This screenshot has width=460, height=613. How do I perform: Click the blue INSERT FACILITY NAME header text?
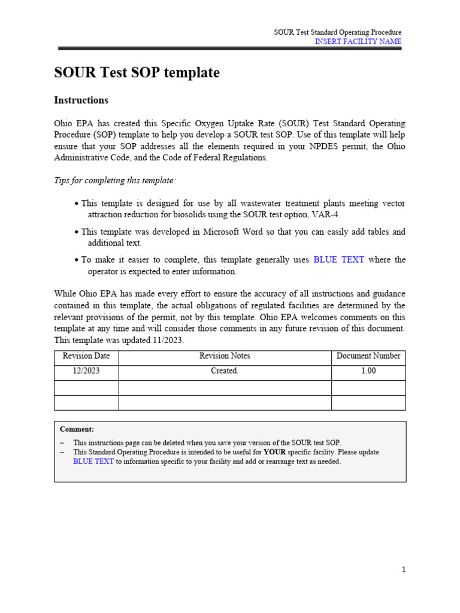pos(358,41)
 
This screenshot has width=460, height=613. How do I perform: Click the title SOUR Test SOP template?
pos(137,73)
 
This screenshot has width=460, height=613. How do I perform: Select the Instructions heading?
pos(81,100)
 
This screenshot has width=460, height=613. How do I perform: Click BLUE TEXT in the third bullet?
pos(338,260)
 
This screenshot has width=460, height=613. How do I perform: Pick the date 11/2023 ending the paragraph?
pos(167,340)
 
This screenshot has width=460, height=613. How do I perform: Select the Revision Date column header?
pos(86,356)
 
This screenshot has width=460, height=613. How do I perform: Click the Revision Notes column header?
pos(225,356)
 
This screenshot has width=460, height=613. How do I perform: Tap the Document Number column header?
pos(368,356)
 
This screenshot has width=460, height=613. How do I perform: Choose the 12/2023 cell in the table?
pos(86,371)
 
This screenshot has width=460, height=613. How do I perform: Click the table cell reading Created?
pos(225,371)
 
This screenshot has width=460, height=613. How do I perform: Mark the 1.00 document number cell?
pos(368,371)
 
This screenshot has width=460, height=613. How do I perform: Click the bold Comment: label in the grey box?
pos(77,429)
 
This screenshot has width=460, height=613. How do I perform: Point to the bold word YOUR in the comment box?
pos(274,452)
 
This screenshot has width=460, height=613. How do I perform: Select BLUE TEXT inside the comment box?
pos(93,462)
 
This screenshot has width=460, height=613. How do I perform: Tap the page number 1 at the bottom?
pos(404,570)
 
